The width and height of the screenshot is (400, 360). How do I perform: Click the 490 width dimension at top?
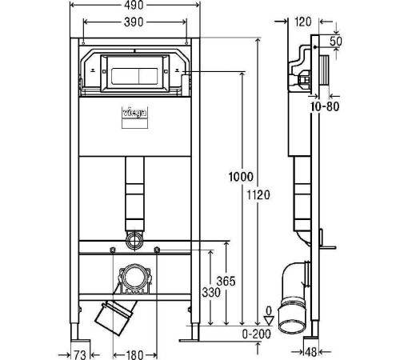pos(134,6)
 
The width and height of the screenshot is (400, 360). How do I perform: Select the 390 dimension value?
pos(134,22)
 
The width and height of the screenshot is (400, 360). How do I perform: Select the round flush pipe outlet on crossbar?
pos(134,239)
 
